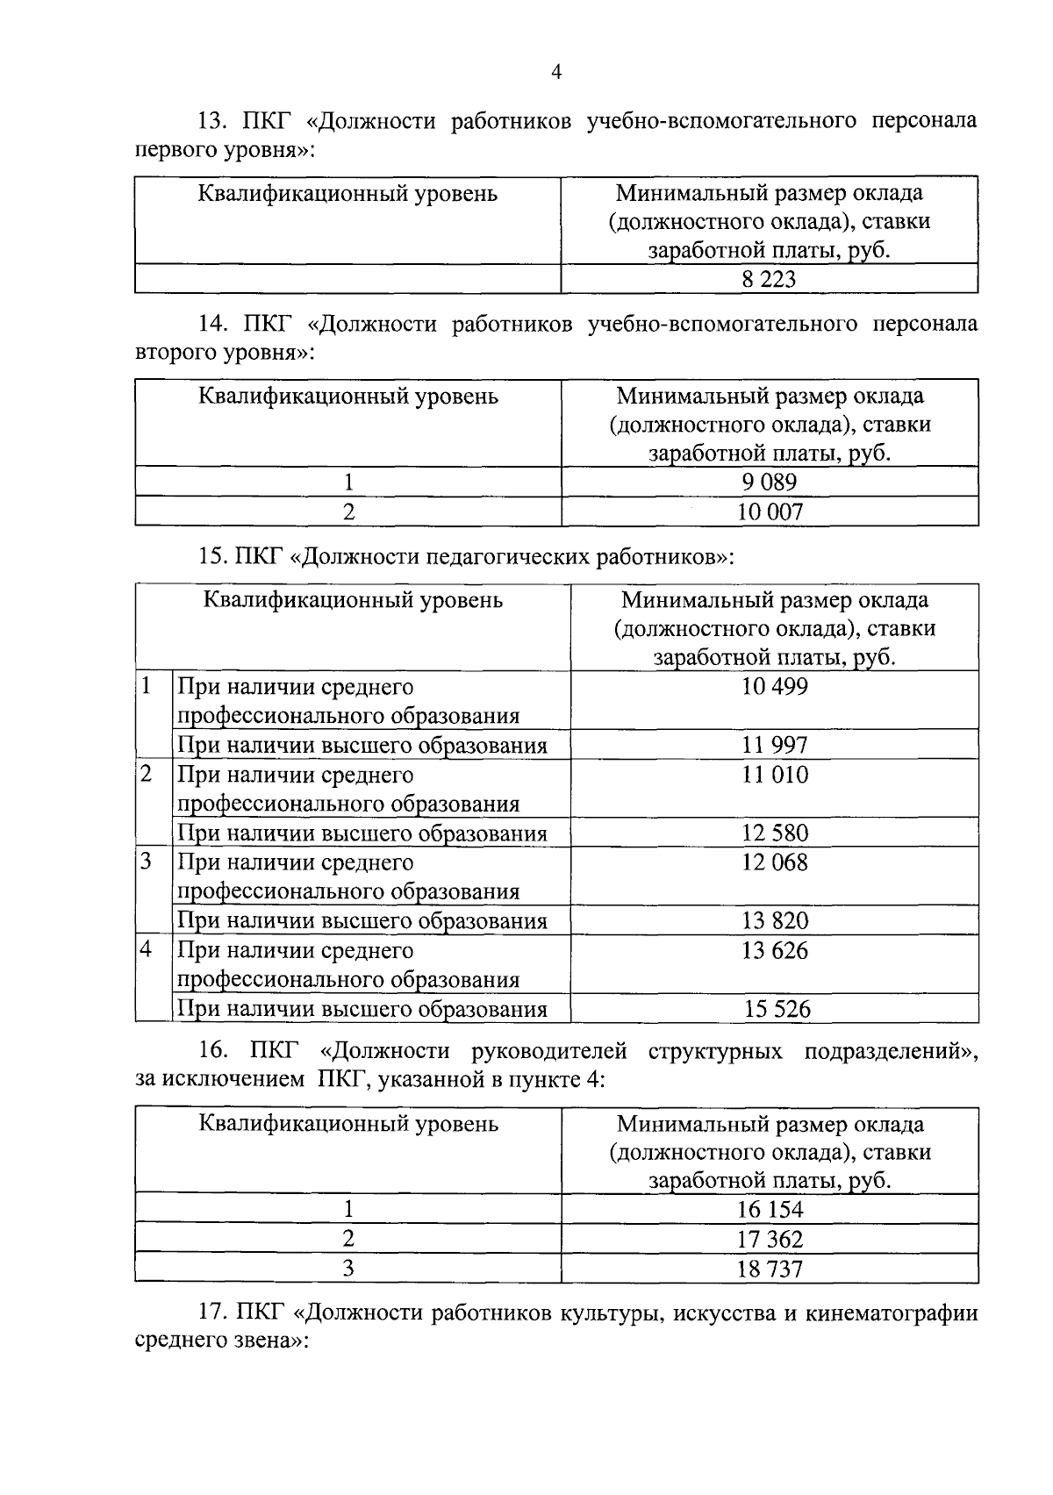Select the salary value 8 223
pyautogui.click(x=769, y=280)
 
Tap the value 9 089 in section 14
pyautogui.click(x=769, y=482)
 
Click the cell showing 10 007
pyautogui.click(x=770, y=511)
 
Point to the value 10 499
pyautogui.click(x=774, y=686)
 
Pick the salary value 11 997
pyautogui.click(x=774, y=745)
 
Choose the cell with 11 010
pyautogui.click(x=774, y=774)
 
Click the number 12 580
pyautogui.click(x=774, y=833)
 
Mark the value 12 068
pyautogui.click(x=774, y=862)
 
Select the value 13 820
pyautogui.click(x=774, y=920)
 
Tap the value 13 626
pyautogui.click(x=774, y=950)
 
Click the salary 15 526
pyautogui.click(x=777, y=1009)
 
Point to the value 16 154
pyautogui.click(x=770, y=1209)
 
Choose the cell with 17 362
pyautogui.click(x=770, y=1239)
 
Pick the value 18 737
pyautogui.click(x=770, y=1269)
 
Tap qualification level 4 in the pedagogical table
pyautogui.click(x=147, y=949)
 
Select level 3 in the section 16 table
pyautogui.click(x=348, y=1268)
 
